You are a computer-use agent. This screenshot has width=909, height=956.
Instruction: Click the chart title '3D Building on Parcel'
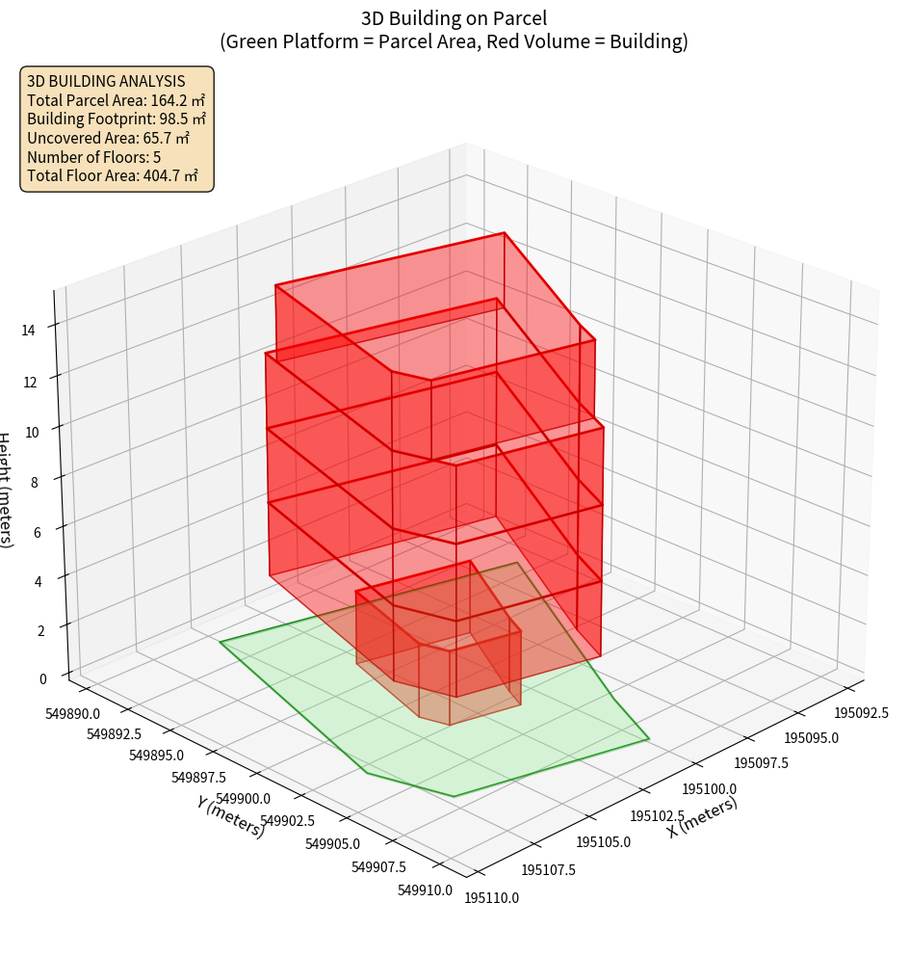pyautogui.click(x=454, y=17)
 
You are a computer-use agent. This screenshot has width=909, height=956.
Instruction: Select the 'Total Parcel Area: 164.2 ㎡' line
pyautogui.click(x=116, y=100)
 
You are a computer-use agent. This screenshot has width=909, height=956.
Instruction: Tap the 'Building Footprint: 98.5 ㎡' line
pyautogui.click(x=117, y=119)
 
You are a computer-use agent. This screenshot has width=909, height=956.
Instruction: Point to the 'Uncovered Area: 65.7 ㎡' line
pyautogui.click(x=108, y=138)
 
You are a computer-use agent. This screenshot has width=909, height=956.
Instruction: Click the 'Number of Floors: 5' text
pyautogui.click(x=93, y=157)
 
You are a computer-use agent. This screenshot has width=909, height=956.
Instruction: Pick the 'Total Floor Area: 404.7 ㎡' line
pyautogui.click(x=113, y=175)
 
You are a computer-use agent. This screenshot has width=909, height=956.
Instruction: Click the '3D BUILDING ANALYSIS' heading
pyautogui.click(x=106, y=81)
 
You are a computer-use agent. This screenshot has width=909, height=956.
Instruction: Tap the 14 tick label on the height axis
pyautogui.click(x=29, y=330)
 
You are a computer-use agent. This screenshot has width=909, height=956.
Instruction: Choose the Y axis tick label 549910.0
pyautogui.click(x=425, y=890)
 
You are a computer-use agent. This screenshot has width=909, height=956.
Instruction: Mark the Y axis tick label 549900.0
pyautogui.click(x=243, y=799)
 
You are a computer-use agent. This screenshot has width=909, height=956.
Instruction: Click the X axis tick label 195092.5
pyautogui.click(x=861, y=714)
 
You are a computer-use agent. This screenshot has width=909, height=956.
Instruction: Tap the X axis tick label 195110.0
pyautogui.click(x=492, y=897)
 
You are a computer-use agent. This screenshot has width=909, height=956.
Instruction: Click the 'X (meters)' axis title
pyautogui.click(x=702, y=817)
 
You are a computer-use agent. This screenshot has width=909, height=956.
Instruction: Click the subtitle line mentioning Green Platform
pyautogui.click(x=454, y=41)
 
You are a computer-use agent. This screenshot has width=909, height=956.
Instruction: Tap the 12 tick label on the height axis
pyautogui.click(x=29, y=382)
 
